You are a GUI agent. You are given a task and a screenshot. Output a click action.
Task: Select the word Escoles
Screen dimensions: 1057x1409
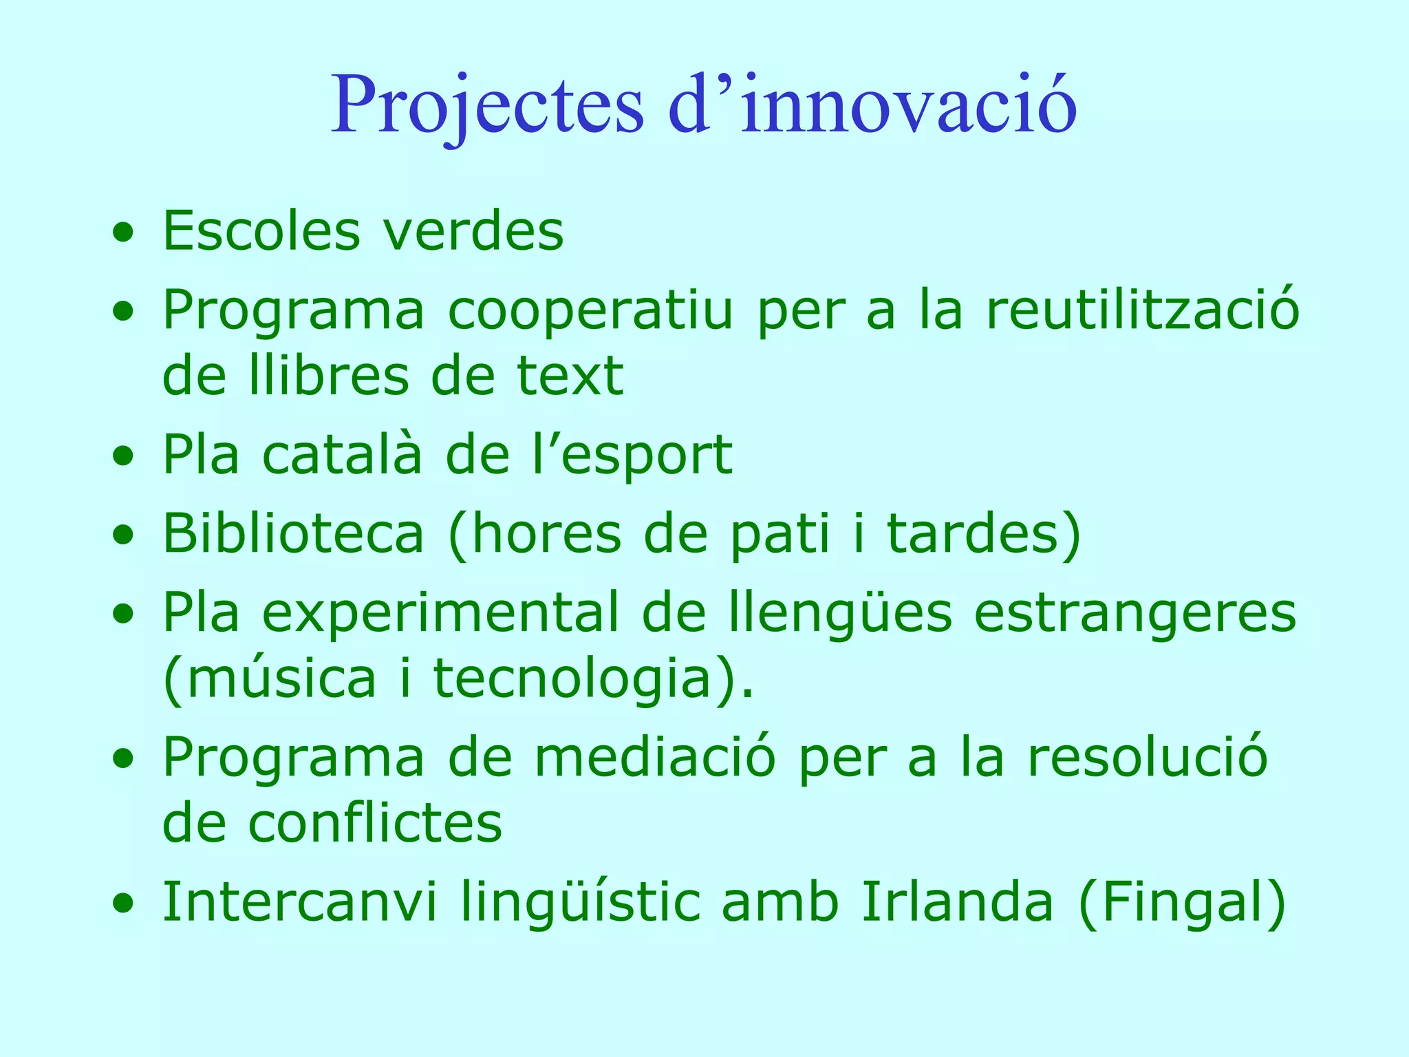pos(261,231)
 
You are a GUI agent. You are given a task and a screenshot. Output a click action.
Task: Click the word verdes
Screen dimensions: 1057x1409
pos(473,231)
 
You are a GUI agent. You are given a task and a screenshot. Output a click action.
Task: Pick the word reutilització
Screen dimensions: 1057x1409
pos(1142,310)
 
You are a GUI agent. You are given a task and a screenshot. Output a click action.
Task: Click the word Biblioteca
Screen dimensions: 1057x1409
pos(293,533)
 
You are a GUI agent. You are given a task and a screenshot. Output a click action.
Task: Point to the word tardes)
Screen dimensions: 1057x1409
pos(984,535)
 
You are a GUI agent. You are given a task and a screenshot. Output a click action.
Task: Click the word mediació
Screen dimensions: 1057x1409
pos(654,757)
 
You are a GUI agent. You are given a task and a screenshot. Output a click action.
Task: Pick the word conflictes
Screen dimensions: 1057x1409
pos(375,823)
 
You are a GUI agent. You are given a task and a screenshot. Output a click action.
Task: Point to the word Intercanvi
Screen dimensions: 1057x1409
pos(300,901)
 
